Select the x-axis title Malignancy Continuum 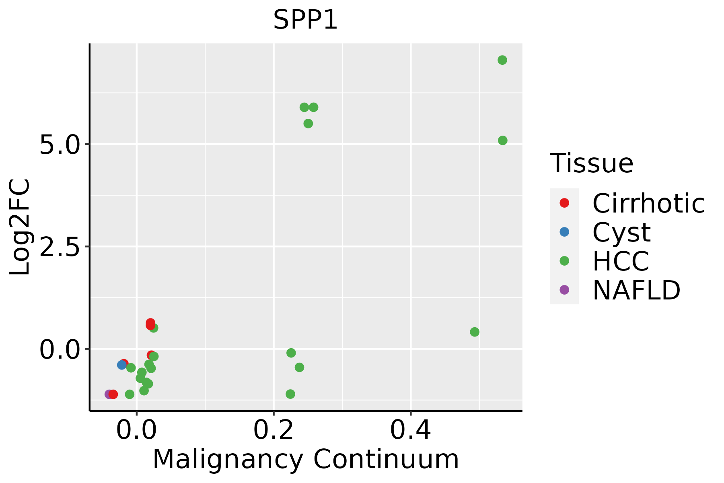pyautogui.click(x=305, y=459)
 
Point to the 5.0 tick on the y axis pyautogui.click(x=60, y=144)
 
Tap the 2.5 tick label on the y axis pyautogui.click(x=60, y=247)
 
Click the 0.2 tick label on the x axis pyautogui.click(x=274, y=430)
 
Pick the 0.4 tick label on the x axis pyautogui.click(x=411, y=430)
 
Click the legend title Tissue pyautogui.click(x=591, y=163)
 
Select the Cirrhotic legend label pyautogui.click(x=648, y=203)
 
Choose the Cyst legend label pyautogui.click(x=621, y=232)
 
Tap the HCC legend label pyautogui.click(x=621, y=261)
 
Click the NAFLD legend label pyautogui.click(x=636, y=290)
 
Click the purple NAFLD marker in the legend pyautogui.click(x=564, y=290)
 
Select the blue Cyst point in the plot pyautogui.click(x=121, y=365)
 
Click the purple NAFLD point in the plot pyautogui.click(x=109, y=394)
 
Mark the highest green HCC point pyautogui.click(x=502, y=60)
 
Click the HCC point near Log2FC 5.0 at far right pyautogui.click(x=502, y=140)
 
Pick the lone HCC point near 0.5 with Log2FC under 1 pyautogui.click(x=475, y=332)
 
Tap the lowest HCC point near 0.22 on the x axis pyautogui.click(x=290, y=394)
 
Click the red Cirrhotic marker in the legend pyautogui.click(x=564, y=203)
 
